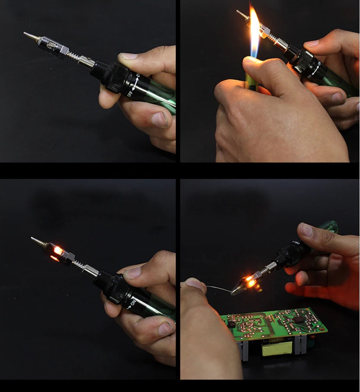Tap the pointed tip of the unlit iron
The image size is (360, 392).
point(27,34)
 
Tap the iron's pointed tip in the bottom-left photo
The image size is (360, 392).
point(34,239)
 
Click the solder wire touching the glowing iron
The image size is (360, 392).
point(217,288)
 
